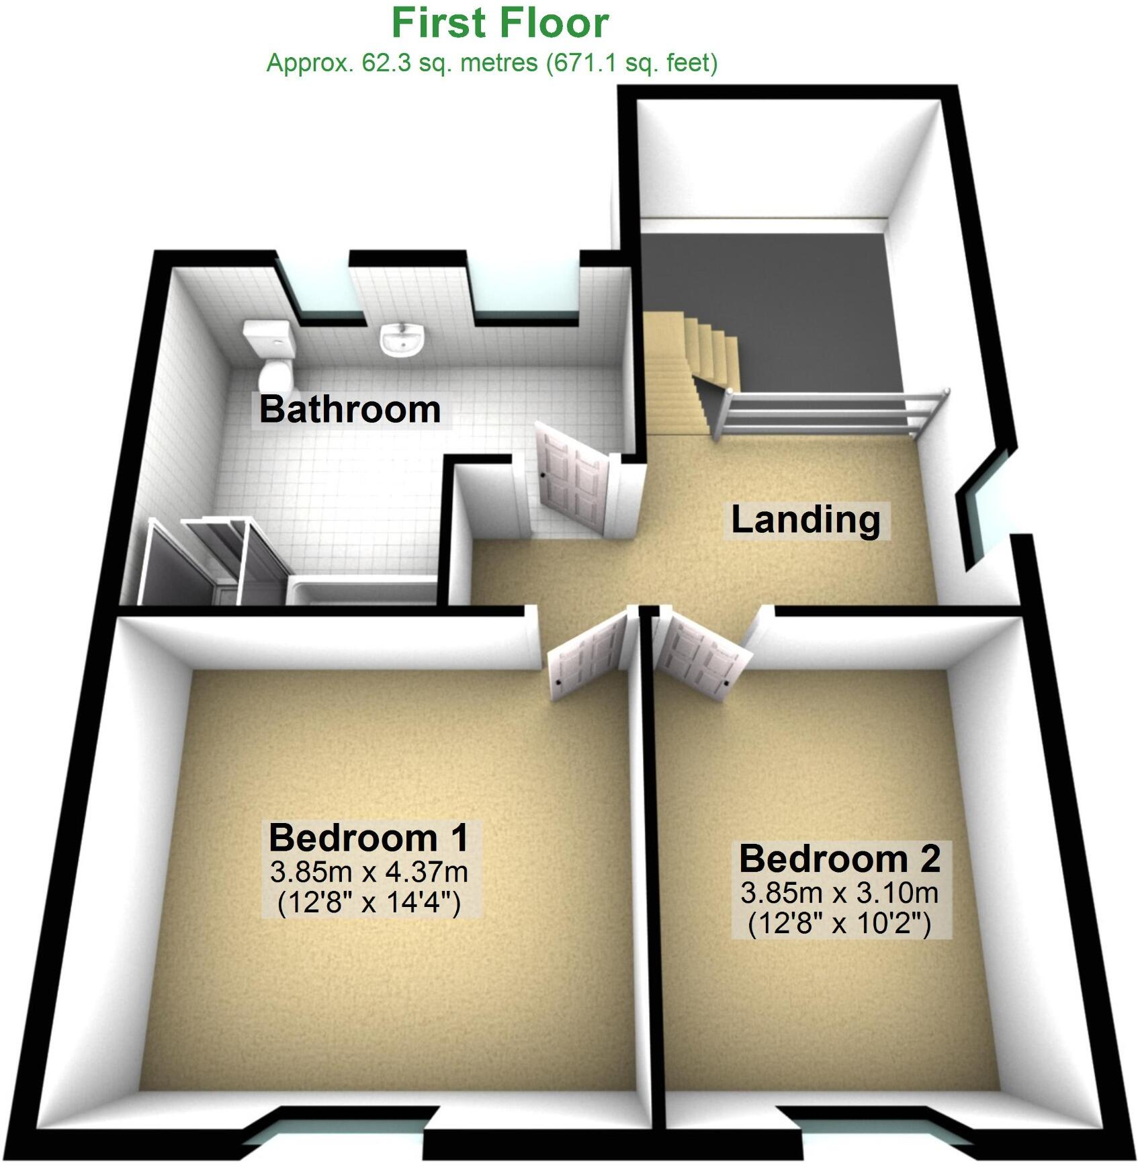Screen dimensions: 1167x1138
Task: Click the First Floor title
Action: [x=500, y=24]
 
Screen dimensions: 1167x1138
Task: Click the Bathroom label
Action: [x=350, y=409]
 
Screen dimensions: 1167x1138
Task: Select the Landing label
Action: [x=805, y=520]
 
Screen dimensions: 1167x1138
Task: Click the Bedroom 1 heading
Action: [x=368, y=838]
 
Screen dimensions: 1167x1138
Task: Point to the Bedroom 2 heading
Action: [x=840, y=859]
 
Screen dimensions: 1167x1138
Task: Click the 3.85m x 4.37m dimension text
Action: [x=369, y=872]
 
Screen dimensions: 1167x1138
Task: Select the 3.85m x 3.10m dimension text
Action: [x=840, y=894]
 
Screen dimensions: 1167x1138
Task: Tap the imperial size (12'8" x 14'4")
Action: [x=369, y=903]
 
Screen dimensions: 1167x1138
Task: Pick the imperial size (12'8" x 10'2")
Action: [x=840, y=924]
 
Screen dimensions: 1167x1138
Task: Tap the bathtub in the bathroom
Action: [x=363, y=589]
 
